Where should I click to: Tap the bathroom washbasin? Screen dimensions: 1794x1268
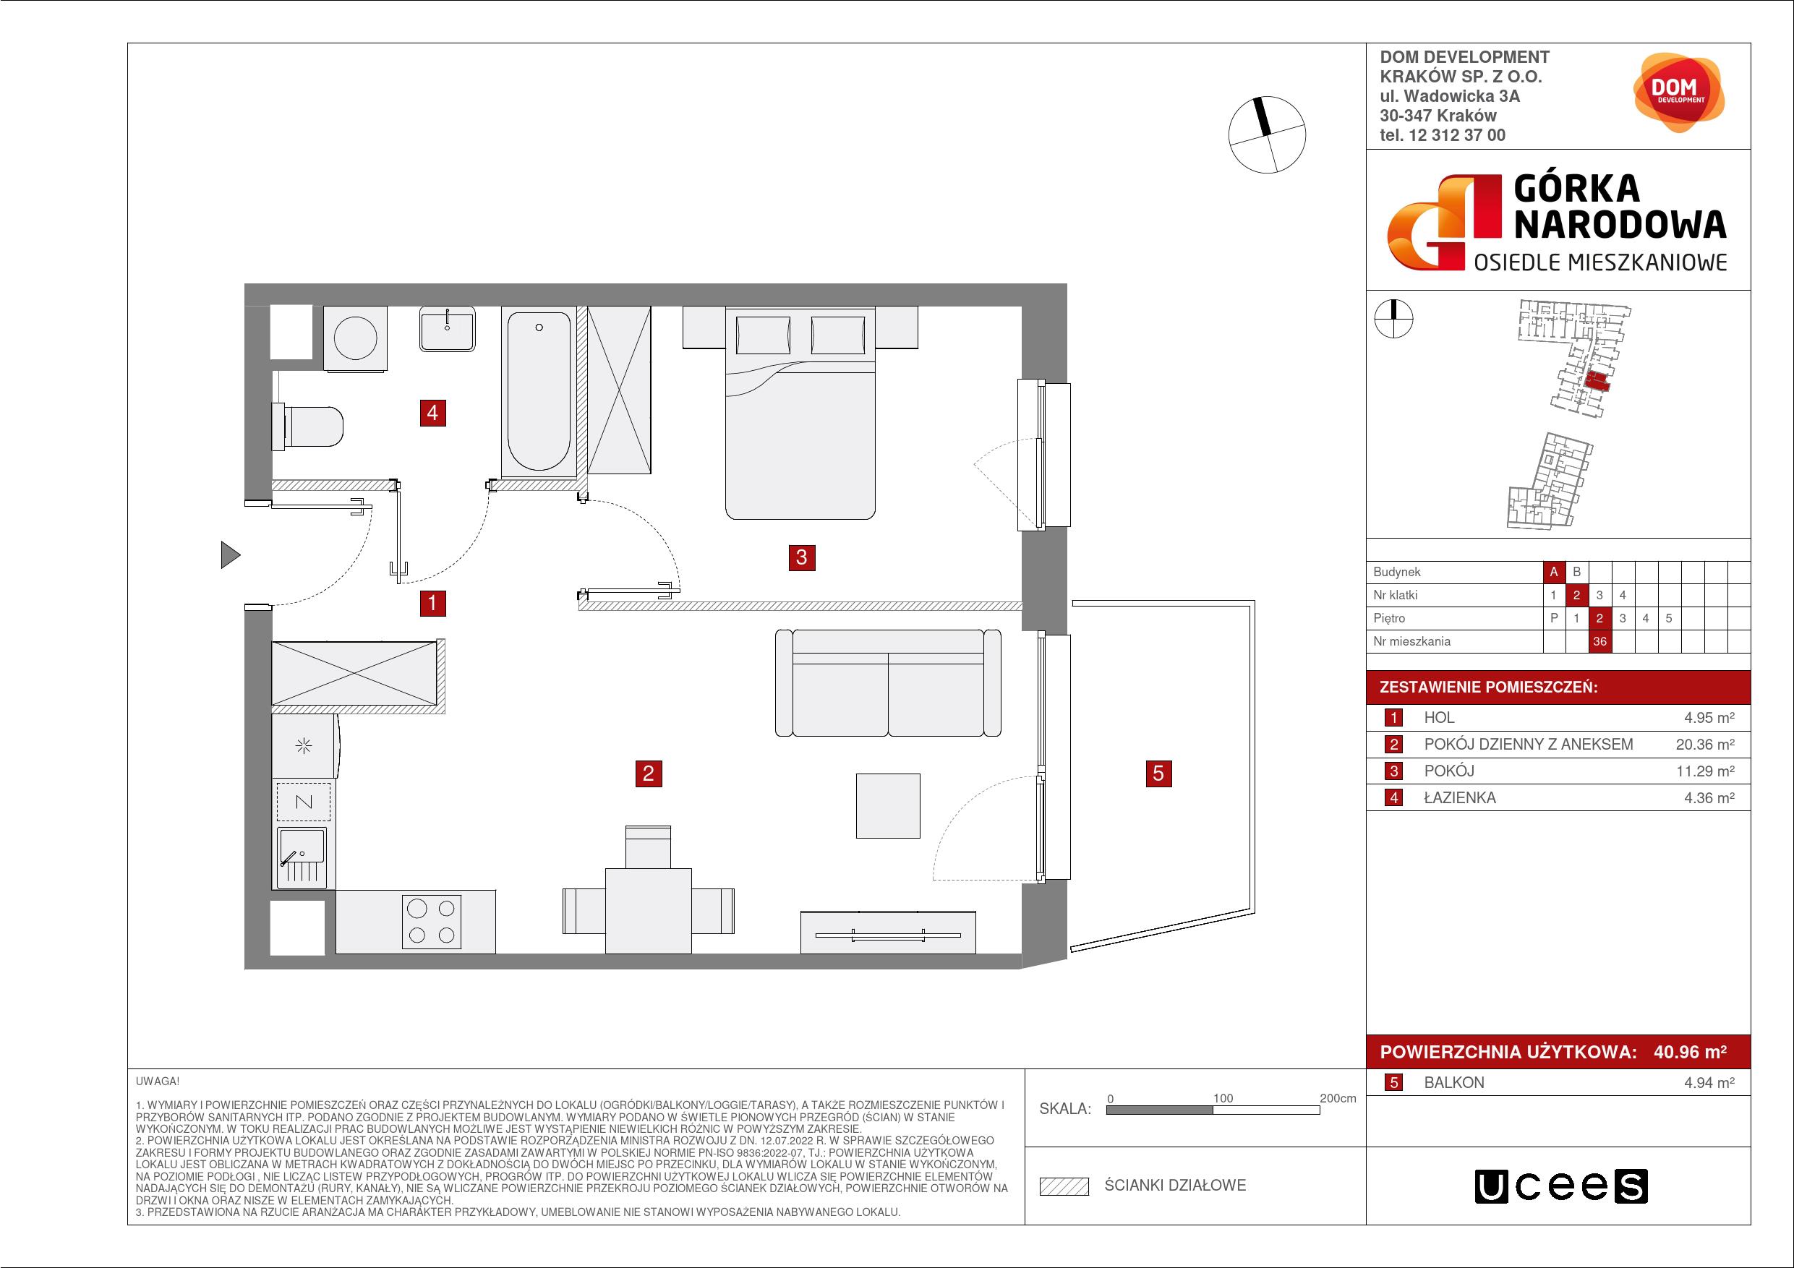[447, 329]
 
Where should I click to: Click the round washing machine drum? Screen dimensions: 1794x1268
[356, 338]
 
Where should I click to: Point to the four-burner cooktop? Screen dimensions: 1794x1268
[431, 921]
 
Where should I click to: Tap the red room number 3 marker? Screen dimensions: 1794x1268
[802, 558]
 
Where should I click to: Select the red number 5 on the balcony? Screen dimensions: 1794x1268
[1158, 774]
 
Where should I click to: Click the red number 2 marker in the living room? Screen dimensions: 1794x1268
[649, 774]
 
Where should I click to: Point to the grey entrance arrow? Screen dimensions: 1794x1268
[230, 554]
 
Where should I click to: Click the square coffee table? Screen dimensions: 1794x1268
[888, 805]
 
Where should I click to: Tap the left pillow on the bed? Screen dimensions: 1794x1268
[763, 335]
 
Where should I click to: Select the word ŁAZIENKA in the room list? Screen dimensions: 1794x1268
[1460, 797]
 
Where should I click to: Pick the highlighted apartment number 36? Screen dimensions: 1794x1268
[1599, 641]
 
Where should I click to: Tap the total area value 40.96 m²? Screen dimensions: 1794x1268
[1690, 1053]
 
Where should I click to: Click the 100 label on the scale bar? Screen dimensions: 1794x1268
[1223, 1098]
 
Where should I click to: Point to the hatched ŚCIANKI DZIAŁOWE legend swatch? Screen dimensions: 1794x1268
[1064, 1186]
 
